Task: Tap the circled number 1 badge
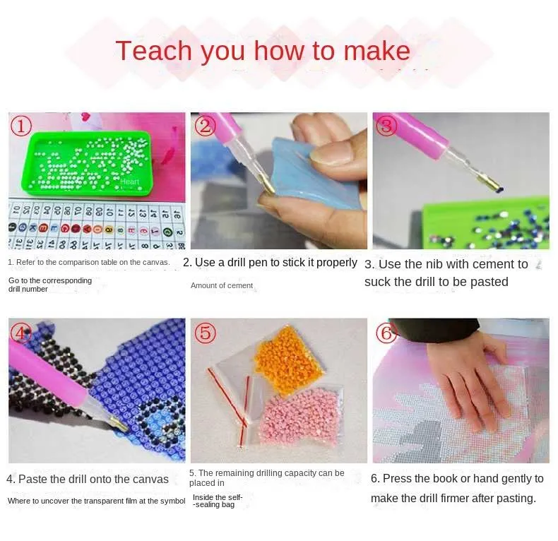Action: [21, 126]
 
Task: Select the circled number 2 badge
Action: [205, 126]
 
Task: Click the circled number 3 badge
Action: [386, 126]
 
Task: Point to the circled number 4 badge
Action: [21, 332]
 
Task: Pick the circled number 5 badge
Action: [205, 333]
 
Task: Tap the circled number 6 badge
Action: [386, 333]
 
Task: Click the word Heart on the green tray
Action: [130, 182]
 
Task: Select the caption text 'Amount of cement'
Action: [221, 285]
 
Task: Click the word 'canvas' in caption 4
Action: [151, 479]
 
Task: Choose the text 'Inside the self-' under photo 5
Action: [218, 497]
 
